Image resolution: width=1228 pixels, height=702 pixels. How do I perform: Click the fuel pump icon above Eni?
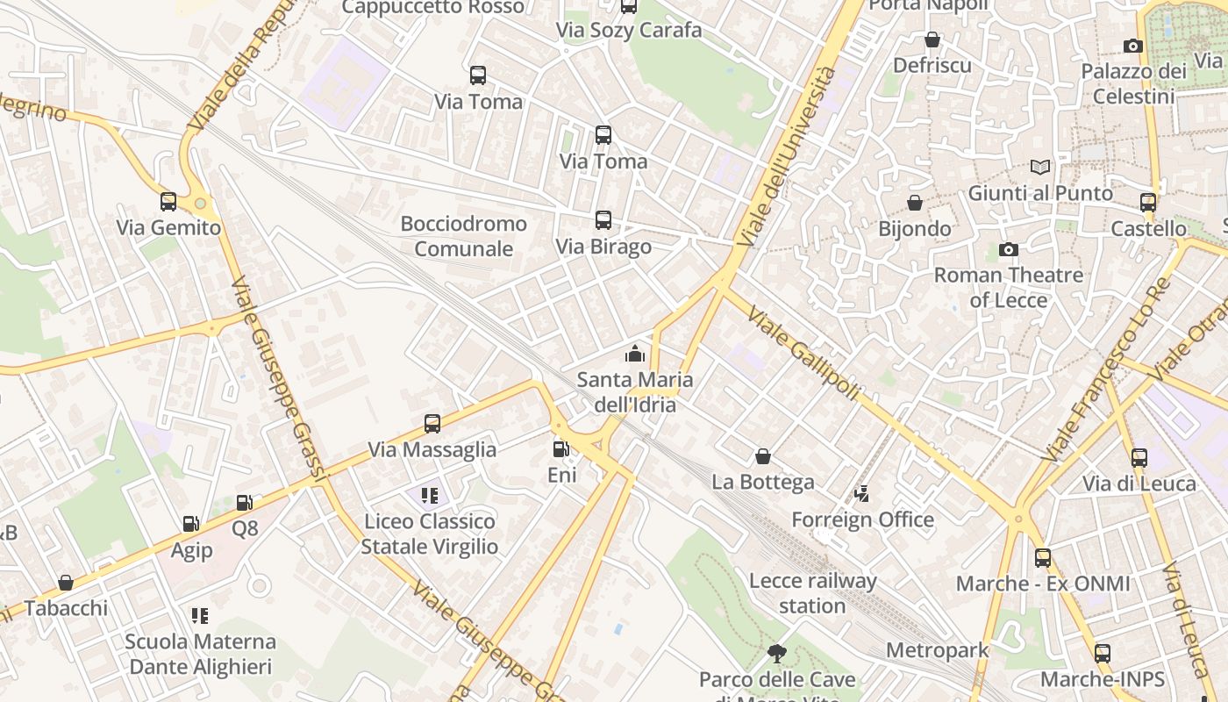click(x=560, y=449)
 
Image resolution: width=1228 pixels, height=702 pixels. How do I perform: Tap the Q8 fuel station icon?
click(x=245, y=503)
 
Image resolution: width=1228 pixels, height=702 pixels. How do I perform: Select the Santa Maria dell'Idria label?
click(x=634, y=391)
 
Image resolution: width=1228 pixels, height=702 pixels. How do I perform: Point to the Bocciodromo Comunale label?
click(x=463, y=236)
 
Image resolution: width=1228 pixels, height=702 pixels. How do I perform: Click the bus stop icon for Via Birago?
click(x=603, y=220)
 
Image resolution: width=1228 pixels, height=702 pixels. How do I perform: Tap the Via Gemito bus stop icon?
click(x=168, y=202)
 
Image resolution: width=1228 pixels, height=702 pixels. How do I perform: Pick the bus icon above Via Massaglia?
click(x=432, y=424)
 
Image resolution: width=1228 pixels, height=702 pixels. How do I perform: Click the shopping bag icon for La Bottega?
click(x=763, y=456)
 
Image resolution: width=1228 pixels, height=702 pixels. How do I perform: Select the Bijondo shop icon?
click(x=915, y=203)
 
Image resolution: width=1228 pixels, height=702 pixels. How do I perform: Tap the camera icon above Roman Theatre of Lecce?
click(x=1009, y=250)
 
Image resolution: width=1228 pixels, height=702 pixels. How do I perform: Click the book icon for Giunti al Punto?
click(x=1040, y=167)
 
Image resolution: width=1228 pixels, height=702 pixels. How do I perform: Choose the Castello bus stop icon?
click(x=1147, y=203)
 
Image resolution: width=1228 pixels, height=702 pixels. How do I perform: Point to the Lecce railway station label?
click(x=813, y=593)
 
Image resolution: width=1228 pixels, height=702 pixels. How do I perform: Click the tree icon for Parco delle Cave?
click(x=776, y=653)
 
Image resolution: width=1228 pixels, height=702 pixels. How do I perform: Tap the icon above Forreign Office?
click(x=862, y=494)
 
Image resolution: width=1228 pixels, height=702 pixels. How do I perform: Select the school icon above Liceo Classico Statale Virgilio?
click(x=429, y=496)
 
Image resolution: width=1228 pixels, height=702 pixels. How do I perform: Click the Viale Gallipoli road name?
click(x=803, y=353)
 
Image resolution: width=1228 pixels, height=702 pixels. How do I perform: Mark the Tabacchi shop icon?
click(x=65, y=583)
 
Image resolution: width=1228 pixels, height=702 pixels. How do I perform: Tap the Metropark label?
click(x=937, y=650)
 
